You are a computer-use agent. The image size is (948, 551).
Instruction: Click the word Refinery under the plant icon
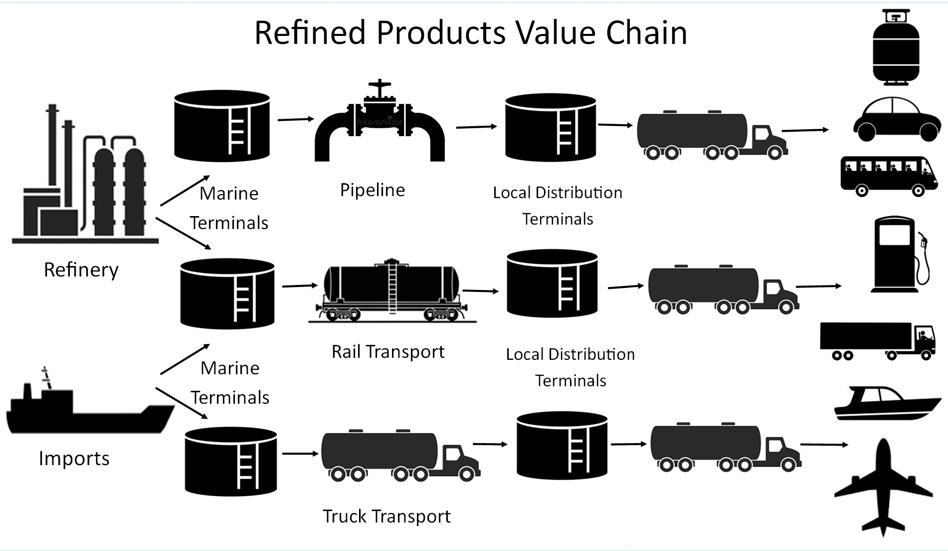(81, 270)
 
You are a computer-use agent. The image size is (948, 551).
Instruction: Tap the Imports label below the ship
(74, 458)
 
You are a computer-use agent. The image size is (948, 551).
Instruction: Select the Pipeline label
(372, 190)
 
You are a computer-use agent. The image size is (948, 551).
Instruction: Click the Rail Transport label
(387, 352)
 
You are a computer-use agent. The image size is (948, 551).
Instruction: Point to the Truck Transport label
(386, 516)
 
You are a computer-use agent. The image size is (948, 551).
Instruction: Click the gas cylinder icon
(896, 47)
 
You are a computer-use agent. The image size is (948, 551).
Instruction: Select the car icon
(896, 120)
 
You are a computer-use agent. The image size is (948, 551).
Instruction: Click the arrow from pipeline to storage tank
(476, 127)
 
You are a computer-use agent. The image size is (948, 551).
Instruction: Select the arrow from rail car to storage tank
(480, 290)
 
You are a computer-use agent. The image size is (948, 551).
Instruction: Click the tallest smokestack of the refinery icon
(51, 145)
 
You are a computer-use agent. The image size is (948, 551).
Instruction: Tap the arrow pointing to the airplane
(824, 444)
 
